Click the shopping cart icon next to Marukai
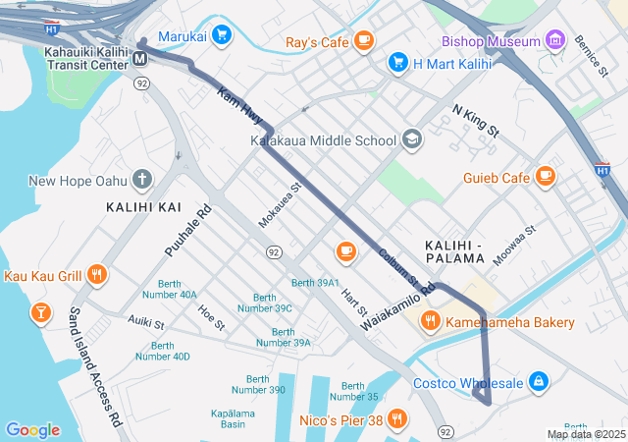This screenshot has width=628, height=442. coord(222,34)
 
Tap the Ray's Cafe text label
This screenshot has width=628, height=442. coord(316,42)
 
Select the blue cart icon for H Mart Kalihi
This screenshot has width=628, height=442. coord(397,63)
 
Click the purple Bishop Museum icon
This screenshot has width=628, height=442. coord(556,41)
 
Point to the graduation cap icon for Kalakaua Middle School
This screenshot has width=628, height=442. coord(412,140)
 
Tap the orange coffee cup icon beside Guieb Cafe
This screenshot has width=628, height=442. coord(546,178)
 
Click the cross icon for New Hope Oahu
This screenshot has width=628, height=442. coord(143,180)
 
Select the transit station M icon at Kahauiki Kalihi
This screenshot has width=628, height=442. coord(141,59)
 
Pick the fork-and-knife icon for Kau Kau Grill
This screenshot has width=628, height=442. coord(96,276)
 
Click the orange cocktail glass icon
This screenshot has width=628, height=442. coord(40,313)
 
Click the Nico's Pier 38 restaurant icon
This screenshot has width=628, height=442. coord(396,420)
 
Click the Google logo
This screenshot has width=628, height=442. coord(32,430)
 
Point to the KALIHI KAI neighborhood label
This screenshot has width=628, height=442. coord(143,207)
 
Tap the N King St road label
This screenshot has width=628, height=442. coord(476,121)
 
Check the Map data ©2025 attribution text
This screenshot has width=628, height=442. coord(585,434)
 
